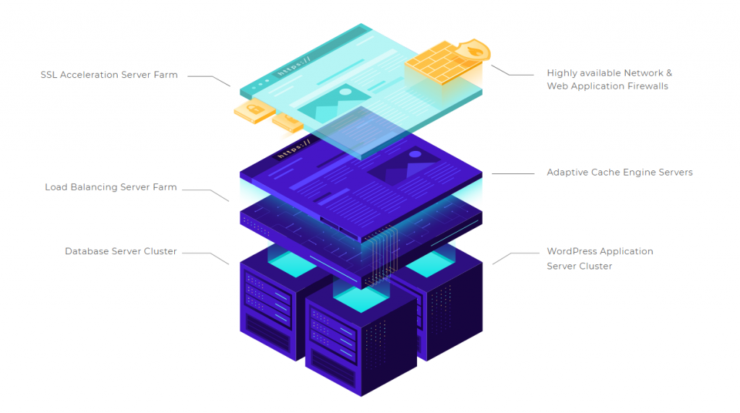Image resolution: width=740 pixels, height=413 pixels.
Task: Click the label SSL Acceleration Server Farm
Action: click(109, 74)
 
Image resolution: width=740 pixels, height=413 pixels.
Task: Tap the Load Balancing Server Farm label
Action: click(111, 187)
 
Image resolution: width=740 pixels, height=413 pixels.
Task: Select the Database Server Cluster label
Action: click(121, 251)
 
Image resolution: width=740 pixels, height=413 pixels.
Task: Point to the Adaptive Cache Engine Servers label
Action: click(619, 173)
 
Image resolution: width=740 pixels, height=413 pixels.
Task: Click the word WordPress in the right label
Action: click(573, 251)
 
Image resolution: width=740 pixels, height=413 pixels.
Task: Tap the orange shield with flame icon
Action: click(475, 51)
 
